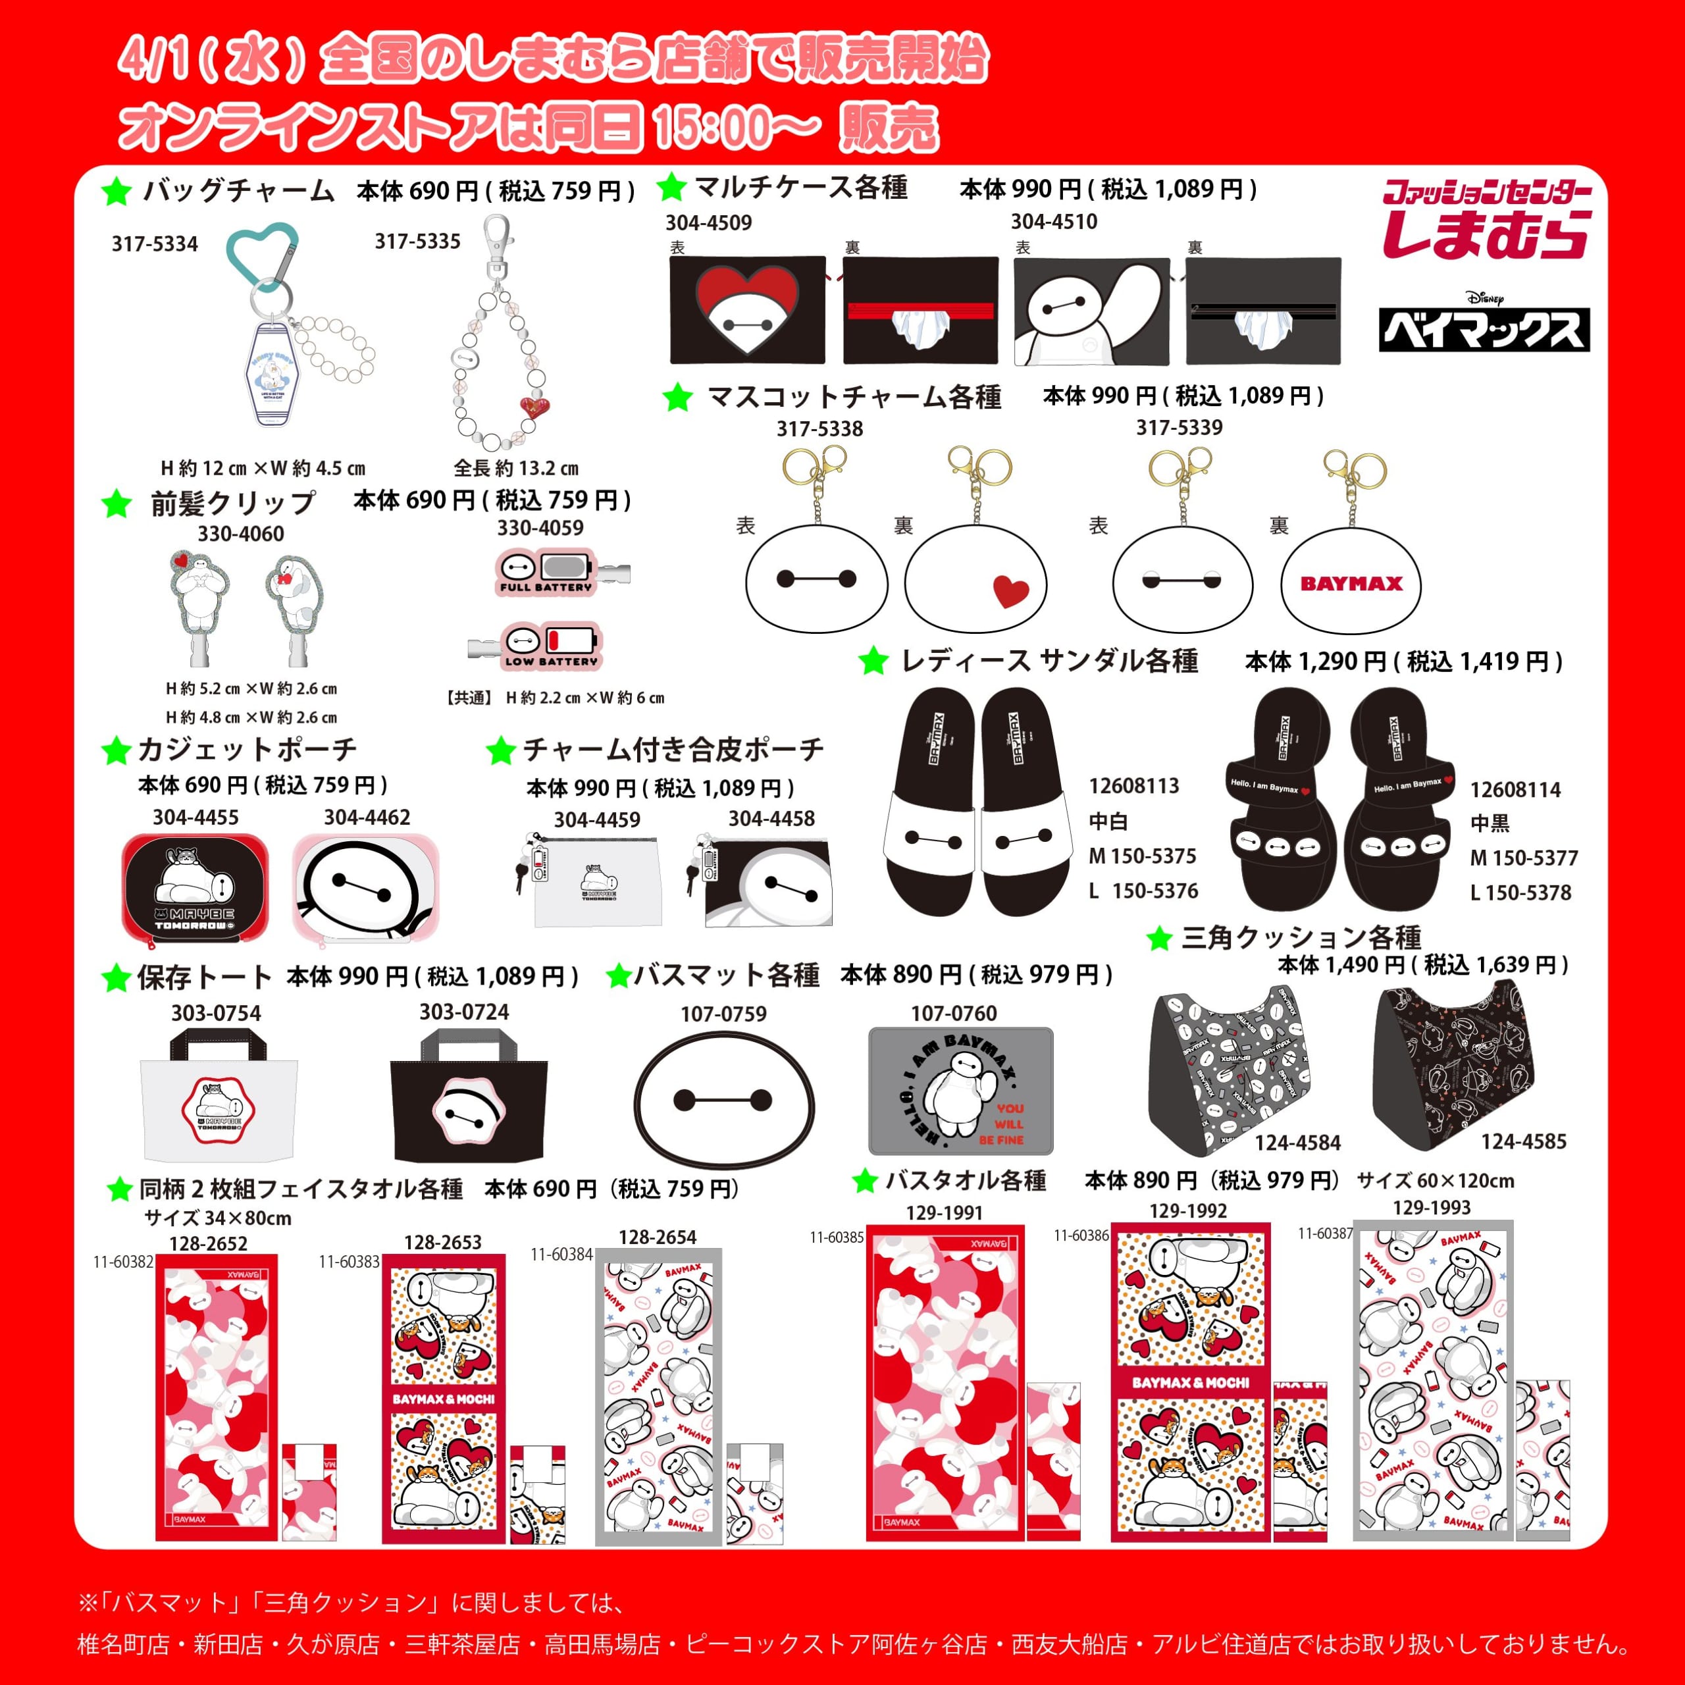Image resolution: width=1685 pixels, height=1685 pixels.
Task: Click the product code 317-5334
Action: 155,244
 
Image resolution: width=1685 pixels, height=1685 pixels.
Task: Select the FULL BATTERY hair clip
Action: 547,572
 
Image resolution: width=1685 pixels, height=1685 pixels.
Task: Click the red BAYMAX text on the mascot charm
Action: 1351,583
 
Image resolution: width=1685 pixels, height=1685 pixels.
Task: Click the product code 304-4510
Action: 1054,222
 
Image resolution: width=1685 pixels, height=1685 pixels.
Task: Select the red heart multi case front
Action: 748,309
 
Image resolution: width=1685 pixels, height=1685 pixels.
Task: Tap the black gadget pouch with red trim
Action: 194,886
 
